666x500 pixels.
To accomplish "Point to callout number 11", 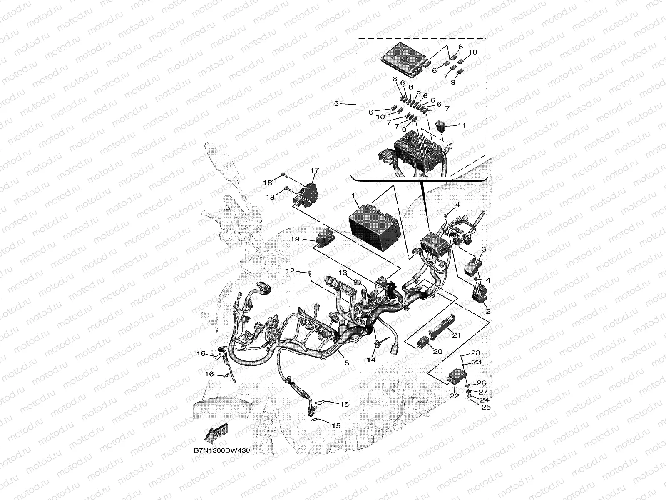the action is (462, 125).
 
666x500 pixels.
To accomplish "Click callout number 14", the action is (371, 359).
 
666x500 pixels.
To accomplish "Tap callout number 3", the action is (484, 249).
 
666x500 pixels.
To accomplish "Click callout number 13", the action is (342, 272).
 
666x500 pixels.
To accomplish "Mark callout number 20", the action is (437, 351).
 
